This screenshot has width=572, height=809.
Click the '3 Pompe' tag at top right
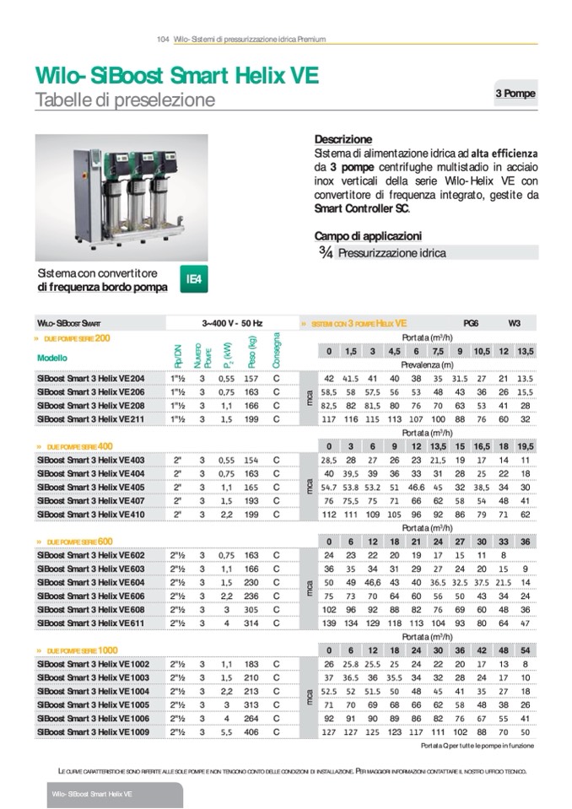click(515, 94)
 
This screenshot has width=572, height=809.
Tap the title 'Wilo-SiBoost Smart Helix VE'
click(176, 77)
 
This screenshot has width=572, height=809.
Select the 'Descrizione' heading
click(343, 139)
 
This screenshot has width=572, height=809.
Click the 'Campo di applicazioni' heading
click(368, 236)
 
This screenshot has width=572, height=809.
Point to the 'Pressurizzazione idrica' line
click(391, 252)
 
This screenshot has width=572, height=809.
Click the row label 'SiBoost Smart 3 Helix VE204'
click(90, 379)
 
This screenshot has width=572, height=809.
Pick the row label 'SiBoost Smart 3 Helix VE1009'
click(93, 732)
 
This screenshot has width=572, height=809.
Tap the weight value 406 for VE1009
click(251, 732)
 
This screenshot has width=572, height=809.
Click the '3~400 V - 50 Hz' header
click(233, 322)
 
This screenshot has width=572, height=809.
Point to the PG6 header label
click(471, 322)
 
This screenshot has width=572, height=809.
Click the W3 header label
click(514, 322)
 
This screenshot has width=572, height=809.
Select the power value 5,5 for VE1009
click(226, 732)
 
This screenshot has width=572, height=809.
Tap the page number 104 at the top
click(164, 39)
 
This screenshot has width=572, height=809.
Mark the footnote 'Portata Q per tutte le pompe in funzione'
click(477, 746)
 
